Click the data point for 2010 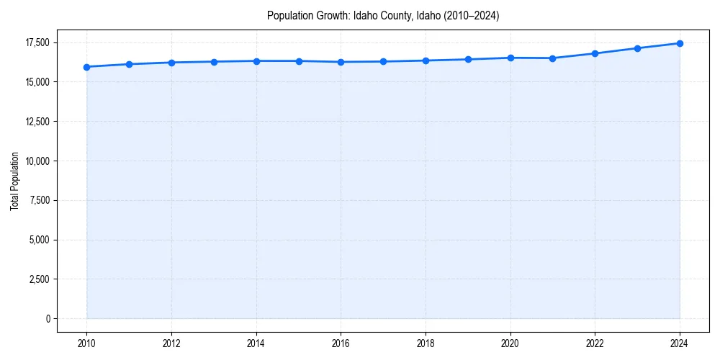[x=86, y=67]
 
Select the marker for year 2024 [x=680, y=43]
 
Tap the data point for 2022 [x=595, y=53]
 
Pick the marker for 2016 [x=341, y=62]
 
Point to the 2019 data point [x=468, y=59]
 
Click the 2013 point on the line [x=214, y=61]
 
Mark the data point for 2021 [x=552, y=58]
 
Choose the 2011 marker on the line [x=129, y=64]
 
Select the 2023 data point [x=637, y=48]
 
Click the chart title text [x=382, y=15]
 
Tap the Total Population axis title [x=14, y=181]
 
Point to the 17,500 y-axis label [x=37, y=43]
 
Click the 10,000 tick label [x=37, y=161]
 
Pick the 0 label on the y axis [x=48, y=319]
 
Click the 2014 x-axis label [x=256, y=343]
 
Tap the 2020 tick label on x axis [x=510, y=343]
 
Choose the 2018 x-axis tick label [x=426, y=343]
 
